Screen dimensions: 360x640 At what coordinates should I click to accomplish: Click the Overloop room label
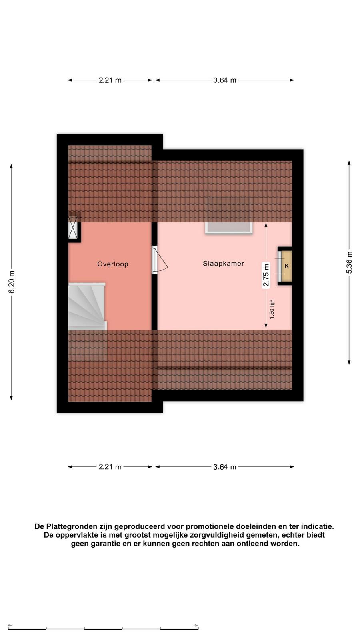click(113, 264)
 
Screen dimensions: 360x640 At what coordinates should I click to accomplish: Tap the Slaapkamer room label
click(224, 264)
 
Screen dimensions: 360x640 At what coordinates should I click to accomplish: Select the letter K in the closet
click(287, 266)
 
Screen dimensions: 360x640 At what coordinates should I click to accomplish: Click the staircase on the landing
click(87, 306)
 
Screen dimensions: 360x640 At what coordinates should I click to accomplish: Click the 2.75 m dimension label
click(266, 275)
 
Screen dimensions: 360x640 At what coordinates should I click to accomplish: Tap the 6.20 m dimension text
click(12, 282)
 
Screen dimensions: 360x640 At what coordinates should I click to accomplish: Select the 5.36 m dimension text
click(349, 262)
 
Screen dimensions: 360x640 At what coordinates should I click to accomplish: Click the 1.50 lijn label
click(272, 310)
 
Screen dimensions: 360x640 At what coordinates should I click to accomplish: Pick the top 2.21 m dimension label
click(110, 80)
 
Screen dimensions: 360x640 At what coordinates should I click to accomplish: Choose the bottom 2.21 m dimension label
click(110, 467)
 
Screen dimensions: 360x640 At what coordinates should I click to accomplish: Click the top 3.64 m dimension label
click(224, 80)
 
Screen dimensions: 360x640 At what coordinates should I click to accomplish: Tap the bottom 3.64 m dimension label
click(224, 467)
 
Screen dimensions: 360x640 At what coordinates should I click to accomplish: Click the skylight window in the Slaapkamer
click(229, 228)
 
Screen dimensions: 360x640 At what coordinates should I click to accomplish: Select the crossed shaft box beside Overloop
click(73, 228)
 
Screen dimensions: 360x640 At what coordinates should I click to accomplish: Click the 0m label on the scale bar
click(10, 626)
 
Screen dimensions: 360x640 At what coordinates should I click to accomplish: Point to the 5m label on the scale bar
click(196, 626)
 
